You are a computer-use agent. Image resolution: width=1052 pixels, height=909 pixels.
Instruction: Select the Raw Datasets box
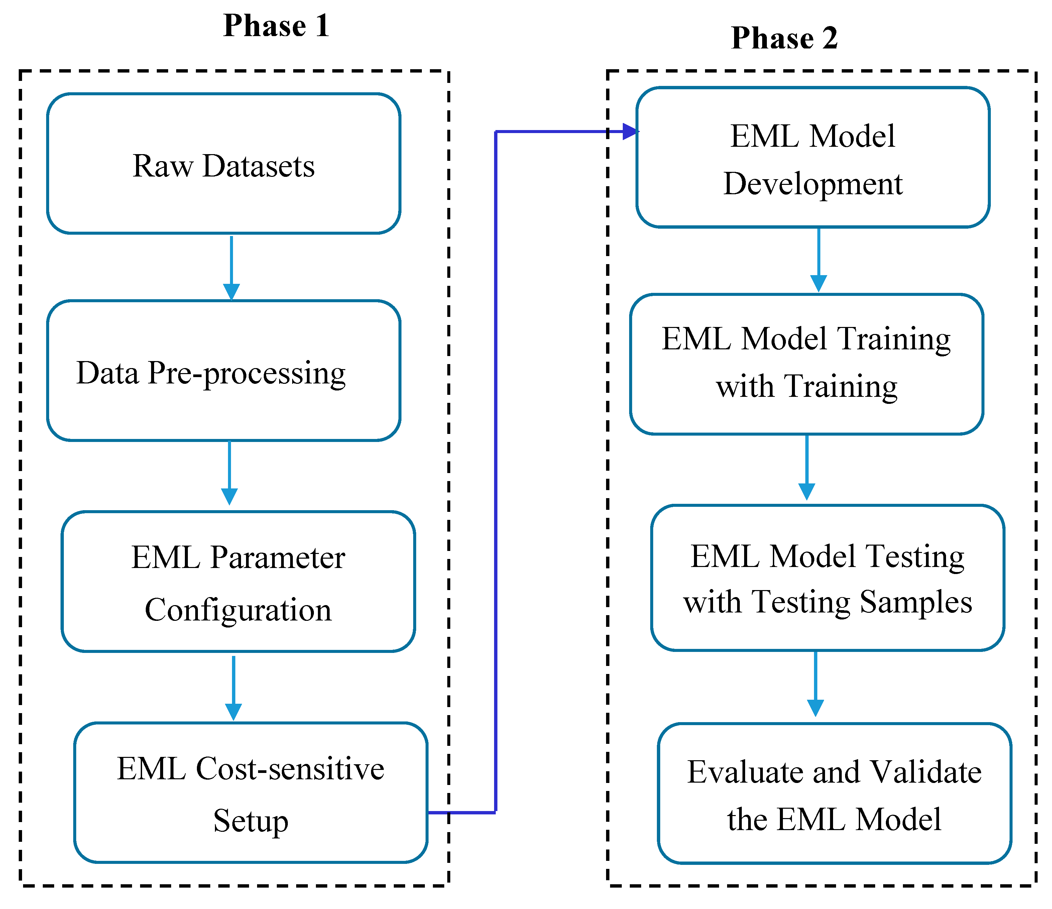[223, 163]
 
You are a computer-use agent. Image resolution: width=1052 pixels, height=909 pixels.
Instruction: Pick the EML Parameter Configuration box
[238, 581]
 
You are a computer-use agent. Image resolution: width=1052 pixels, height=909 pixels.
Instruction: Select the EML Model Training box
[806, 364]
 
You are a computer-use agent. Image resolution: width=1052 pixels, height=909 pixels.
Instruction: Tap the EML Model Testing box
[828, 578]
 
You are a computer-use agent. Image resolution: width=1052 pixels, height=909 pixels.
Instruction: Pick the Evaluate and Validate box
[834, 794]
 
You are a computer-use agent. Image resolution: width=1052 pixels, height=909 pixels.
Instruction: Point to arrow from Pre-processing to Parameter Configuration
[230, 472]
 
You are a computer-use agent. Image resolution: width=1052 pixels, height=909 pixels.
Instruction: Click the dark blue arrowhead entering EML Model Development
[629, 131]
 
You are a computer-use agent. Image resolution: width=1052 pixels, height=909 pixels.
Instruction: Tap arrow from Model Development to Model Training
[818, 260]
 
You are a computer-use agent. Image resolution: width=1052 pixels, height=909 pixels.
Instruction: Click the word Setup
[250, 821]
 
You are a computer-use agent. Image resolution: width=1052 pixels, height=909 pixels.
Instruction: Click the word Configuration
[238, 609]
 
